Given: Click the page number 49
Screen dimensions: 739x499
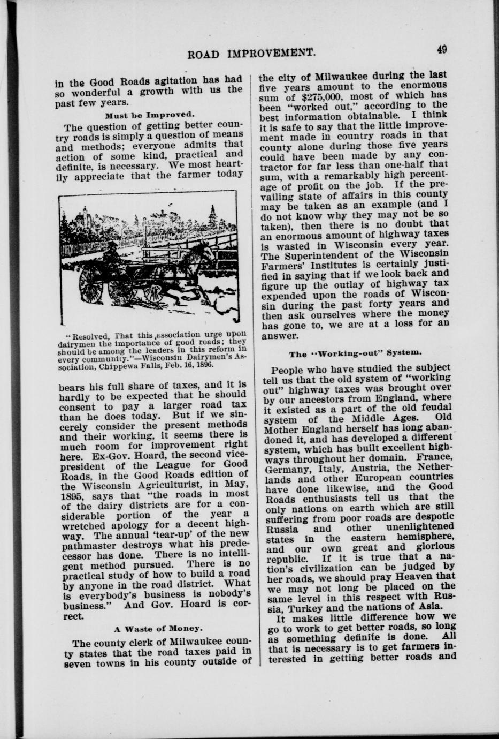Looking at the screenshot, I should point(442,49).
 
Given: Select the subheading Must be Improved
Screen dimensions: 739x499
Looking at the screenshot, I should point(149,115).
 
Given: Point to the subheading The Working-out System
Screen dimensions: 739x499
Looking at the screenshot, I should point(356,353).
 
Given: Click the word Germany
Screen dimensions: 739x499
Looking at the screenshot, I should point(286,468).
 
